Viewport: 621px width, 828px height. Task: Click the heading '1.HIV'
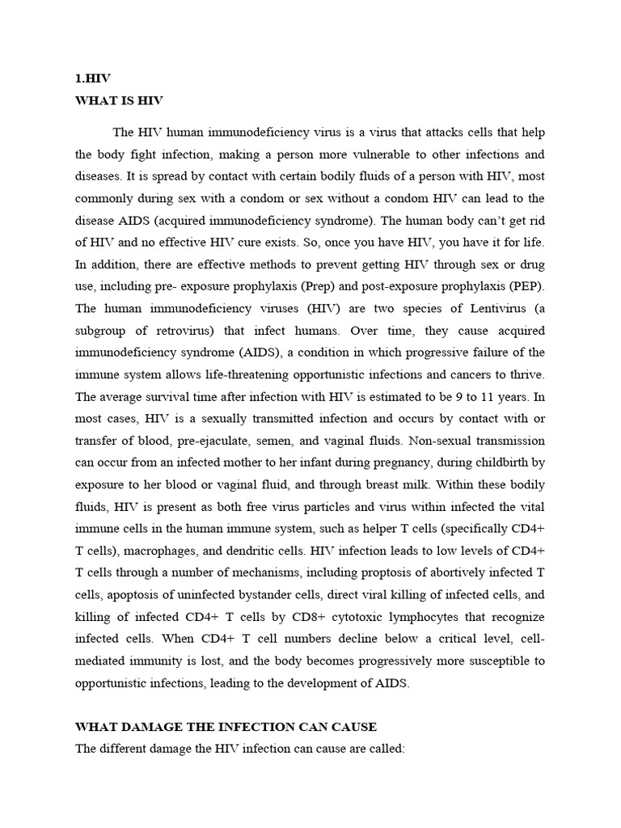[92, 79]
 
